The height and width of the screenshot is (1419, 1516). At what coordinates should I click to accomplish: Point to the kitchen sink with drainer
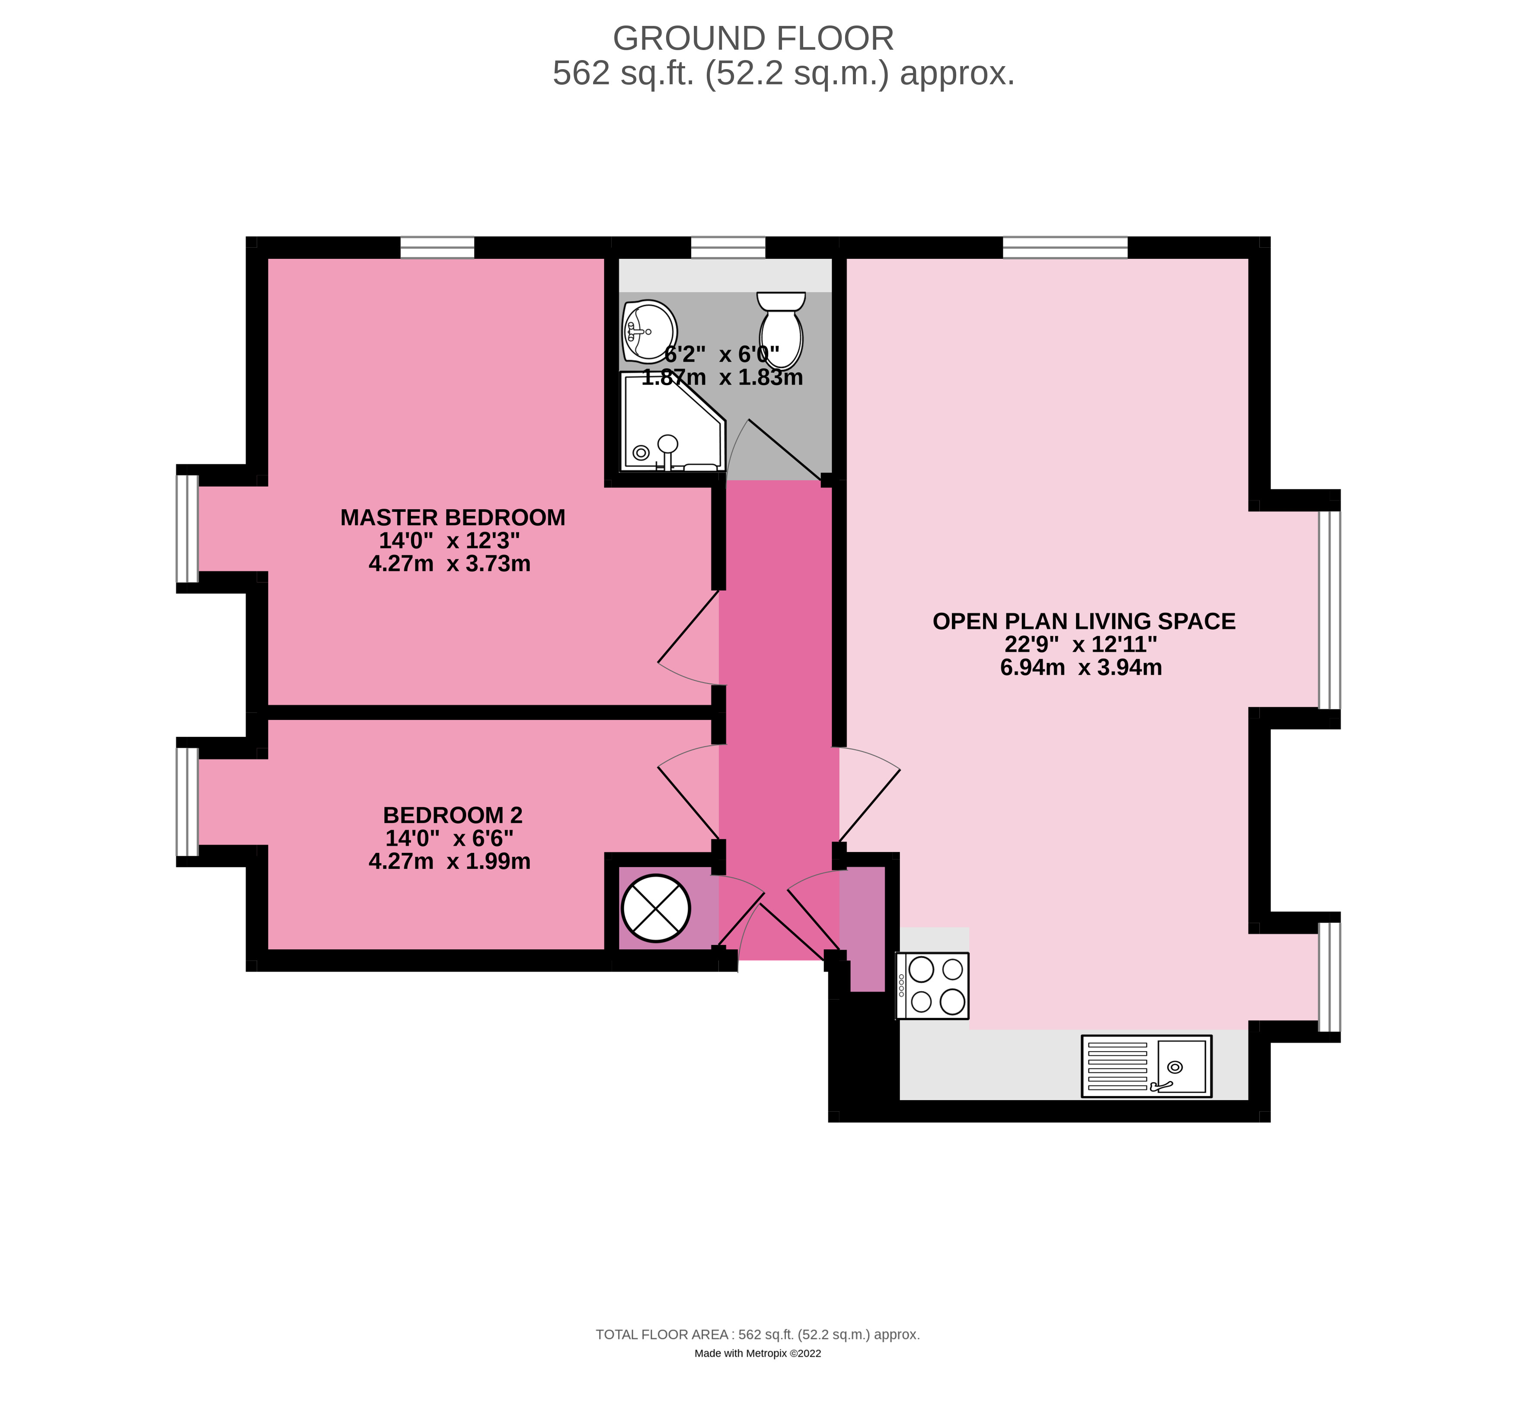click(1146, 1066)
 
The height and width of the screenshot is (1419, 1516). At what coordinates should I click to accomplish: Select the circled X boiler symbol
click(656, 908)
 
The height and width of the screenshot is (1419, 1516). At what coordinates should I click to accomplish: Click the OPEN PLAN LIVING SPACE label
click(1084, 622)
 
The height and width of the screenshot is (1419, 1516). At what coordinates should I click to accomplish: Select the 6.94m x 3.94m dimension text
click(1081, 667)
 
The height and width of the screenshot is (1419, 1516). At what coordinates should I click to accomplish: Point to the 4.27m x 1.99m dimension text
click(449, 861)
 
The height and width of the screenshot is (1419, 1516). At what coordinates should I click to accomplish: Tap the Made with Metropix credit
click(757, 1353)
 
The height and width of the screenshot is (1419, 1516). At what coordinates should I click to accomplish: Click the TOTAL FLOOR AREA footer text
click(757, 1334)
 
